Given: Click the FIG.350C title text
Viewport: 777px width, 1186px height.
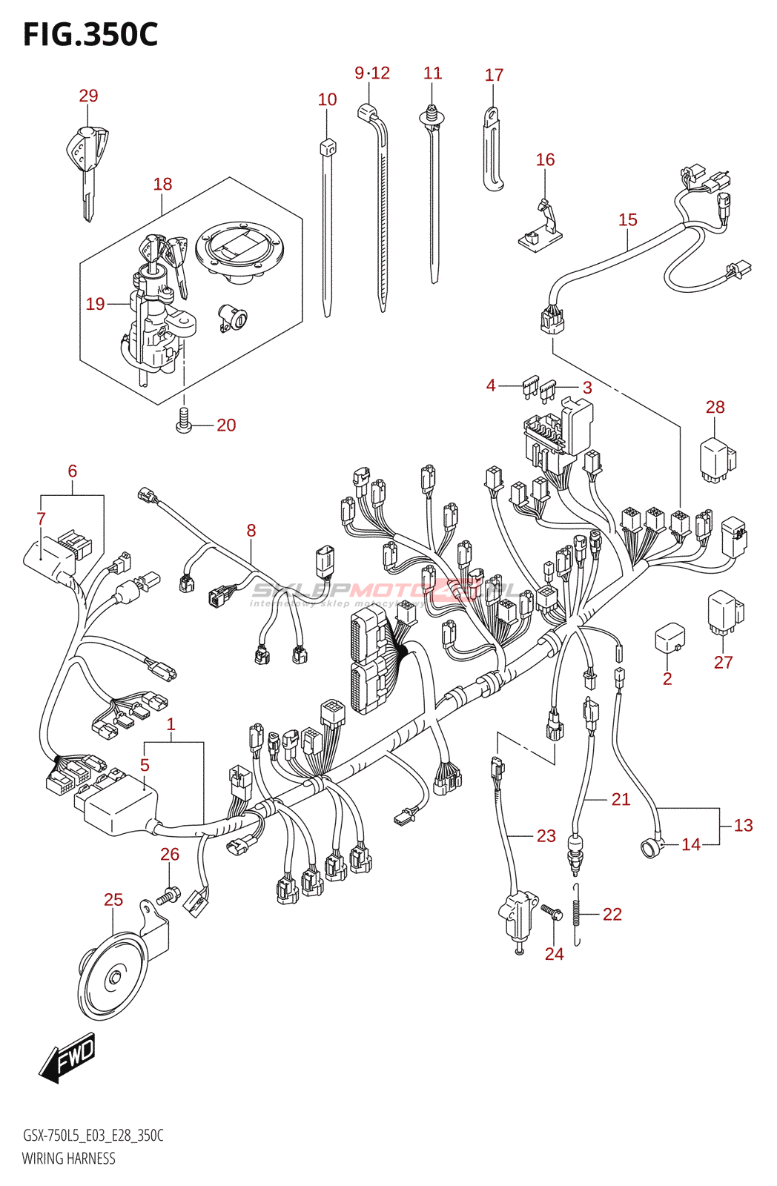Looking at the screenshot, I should click(x=90, y=34).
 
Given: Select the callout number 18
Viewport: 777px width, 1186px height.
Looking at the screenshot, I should click(x=162, y=184).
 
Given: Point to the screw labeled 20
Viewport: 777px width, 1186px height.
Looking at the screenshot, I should click(x=183, y=421).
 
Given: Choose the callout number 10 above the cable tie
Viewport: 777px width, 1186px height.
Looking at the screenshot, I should click(x=327, y=99).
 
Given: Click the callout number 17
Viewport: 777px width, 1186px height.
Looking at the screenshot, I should click(x=494, y=75).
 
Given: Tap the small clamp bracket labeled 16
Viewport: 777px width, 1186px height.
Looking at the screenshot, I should click(x=541, y=228).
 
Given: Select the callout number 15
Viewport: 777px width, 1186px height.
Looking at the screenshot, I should click(x=627, y=219).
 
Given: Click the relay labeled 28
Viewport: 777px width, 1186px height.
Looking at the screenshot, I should click(x=717, y=460).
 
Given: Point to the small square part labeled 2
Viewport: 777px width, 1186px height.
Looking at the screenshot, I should click(x=669, y=639).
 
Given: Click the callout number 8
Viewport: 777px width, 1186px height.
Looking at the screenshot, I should click(x=251, y=530).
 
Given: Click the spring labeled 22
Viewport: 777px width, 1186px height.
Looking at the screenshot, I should click(x=577, y=915).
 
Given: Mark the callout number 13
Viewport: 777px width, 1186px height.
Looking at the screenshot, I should click(x=743, y=825).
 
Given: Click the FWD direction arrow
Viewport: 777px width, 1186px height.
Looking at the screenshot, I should click(x=67, y=1058).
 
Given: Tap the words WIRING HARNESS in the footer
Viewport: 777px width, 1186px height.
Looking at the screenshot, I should click(x=69, y=1159).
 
